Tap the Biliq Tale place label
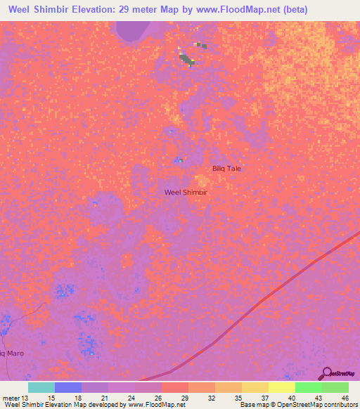[x=226, y=169]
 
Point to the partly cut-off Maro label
[x=12, y=353]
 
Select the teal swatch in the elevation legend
[x=41, y=387]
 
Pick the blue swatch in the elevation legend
[x=68, y=387]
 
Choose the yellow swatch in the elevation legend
[x=282, y=387]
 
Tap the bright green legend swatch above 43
[x=309, y=387]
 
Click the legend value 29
[x=184, y=398]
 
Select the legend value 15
[x=50, y=398]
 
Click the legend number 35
[x=237, y=398]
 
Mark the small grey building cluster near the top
[x=187, y=59]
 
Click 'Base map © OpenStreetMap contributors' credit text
[x=298, y=405]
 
